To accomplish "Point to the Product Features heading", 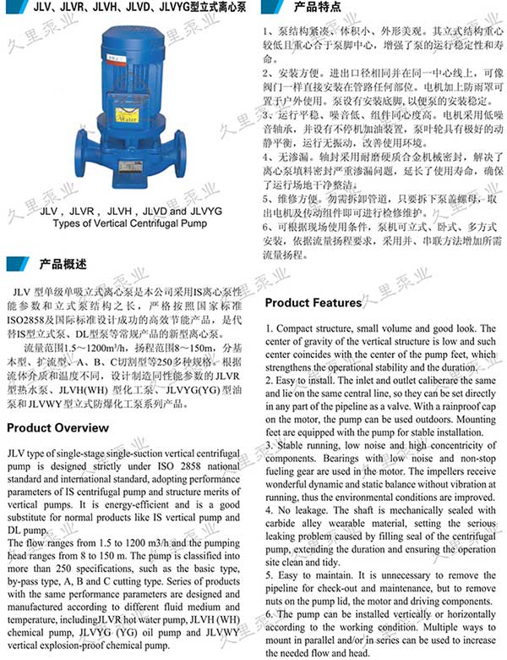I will pyautogui.click(x=313, y=303).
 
